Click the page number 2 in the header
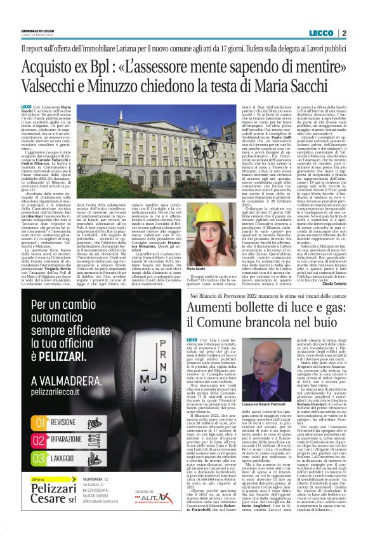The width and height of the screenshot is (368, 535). (344, 33)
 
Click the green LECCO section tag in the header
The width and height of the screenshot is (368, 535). (324, 33)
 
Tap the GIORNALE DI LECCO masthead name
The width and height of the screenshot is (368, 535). (37, 31)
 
